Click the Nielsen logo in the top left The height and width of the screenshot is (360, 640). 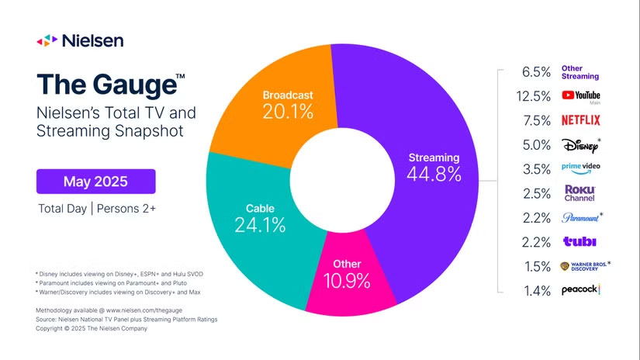(x=80, y=40)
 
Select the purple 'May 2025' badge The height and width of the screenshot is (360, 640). (x=95, y=182)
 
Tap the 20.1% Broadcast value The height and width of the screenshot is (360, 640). (x=287, y=112)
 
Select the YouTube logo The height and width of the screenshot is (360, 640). (x=580, y=96)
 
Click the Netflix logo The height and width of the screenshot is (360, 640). (x=580, y=120)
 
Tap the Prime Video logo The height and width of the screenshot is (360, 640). (x=580, y=168)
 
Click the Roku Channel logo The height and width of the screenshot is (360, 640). (x=579, y=192)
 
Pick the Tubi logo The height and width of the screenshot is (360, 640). (x=578, y=241)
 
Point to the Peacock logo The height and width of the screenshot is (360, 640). (x=580, y=289)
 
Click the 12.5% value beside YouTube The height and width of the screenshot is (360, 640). (x=532, y=96)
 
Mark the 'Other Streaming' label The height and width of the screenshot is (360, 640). (x=580, y=72)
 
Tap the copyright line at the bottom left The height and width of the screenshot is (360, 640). (x=92, y=328)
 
